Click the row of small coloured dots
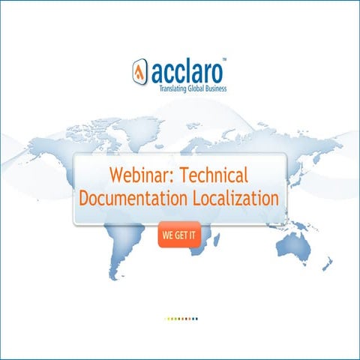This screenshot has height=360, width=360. point(181,319)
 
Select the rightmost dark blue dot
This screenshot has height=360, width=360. point(196,319)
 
